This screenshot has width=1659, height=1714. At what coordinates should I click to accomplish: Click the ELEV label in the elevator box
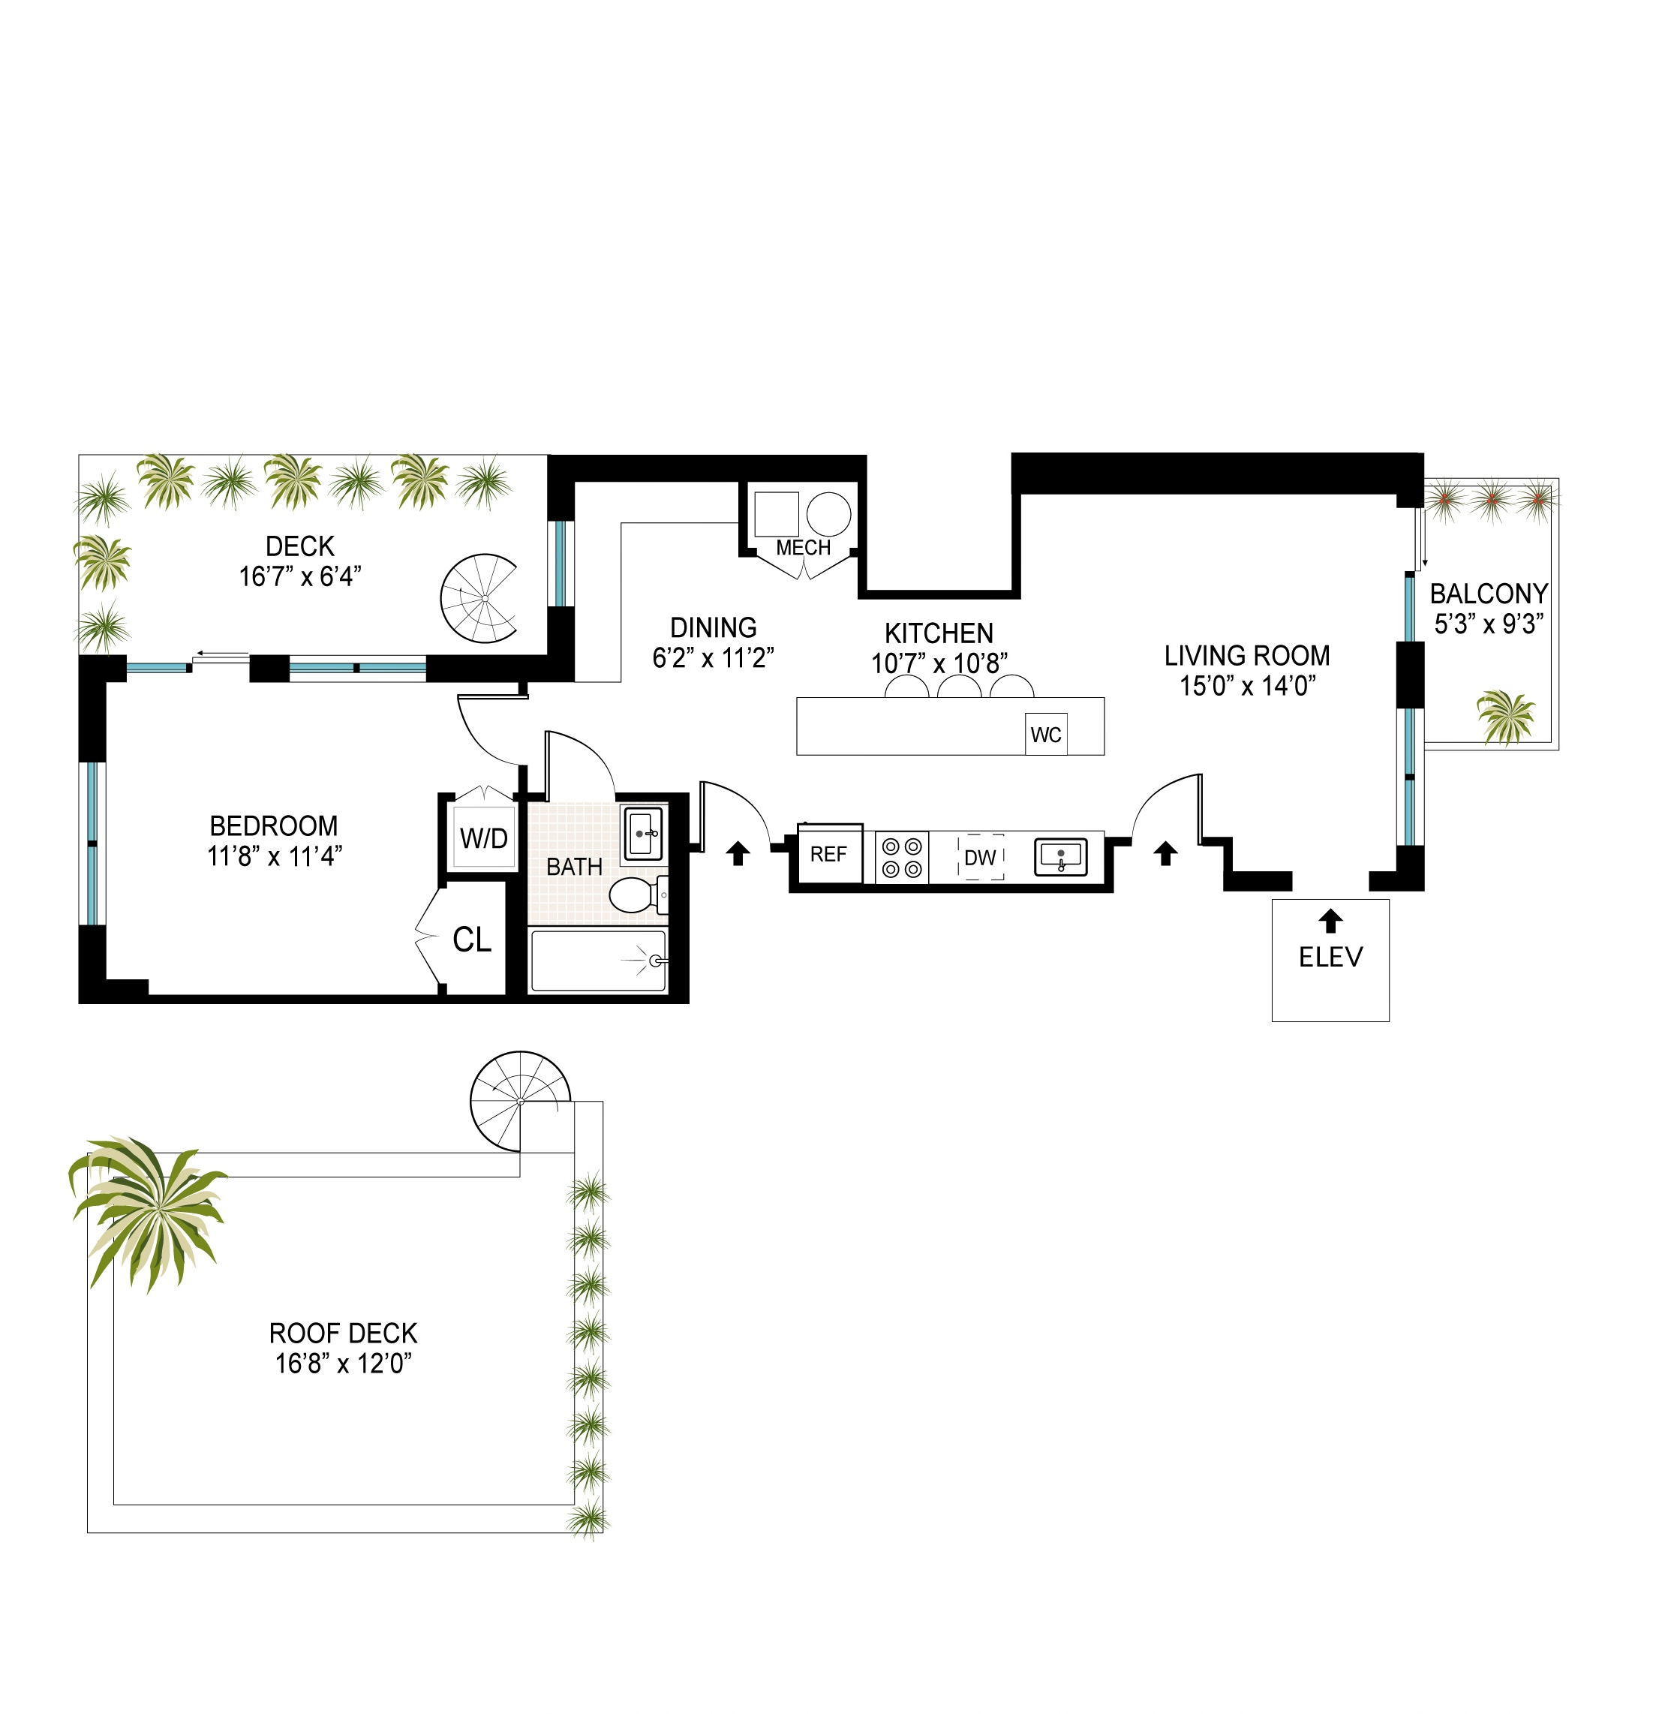click(x=1330, y=958)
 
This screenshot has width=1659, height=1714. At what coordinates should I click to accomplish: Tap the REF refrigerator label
click(x=828, y=855)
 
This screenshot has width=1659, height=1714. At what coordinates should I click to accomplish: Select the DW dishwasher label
click(x=981, y=858)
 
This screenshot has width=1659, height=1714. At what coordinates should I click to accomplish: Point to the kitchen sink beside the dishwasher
click(x=1060, y=857)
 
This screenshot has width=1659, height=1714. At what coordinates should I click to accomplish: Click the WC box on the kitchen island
click(x=1046, y=735)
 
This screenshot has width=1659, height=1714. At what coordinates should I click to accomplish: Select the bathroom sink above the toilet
click(x=644, y=834)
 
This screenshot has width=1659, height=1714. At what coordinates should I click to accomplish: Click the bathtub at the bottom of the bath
click(x=598, y=961)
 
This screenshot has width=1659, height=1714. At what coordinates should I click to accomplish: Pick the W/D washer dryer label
click(x=484, y=839)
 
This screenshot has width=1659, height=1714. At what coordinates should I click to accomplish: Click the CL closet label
click(x=472, y=940)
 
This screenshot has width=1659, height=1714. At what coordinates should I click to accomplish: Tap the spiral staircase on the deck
click(x=479, y=598)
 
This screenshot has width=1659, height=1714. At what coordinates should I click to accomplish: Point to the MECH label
click(x=803, y=549)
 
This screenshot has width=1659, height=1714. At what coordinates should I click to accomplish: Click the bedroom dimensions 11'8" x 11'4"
click(x=275, y=856)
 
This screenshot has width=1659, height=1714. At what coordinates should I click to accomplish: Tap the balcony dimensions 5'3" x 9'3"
click(x=1489, y=624)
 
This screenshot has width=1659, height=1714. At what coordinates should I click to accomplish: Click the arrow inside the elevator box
click(x=1330, y=921)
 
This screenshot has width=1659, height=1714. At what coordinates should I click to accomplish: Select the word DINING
click(x=714, y=628)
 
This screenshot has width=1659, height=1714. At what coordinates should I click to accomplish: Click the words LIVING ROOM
click(x=1247, y=656)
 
